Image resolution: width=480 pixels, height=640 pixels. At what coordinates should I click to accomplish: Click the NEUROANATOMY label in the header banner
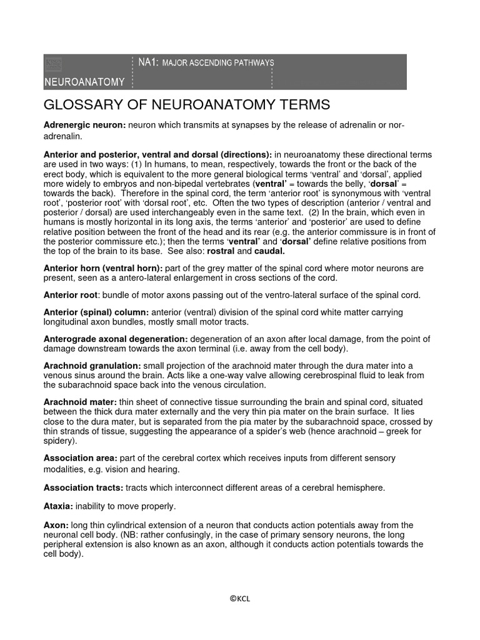pyautogui.click(x=84, y=82)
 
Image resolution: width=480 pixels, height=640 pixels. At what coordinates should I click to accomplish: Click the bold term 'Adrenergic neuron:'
pyautogui.click(x=85, y=126)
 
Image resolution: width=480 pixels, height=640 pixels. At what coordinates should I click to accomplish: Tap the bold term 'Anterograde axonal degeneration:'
pyautogui.click(x=116, y=339)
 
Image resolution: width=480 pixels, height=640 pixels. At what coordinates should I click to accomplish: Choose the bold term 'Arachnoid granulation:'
pyautogui.click(x=92, y=365)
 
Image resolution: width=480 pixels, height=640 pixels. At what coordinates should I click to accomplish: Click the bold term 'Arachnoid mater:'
pyautogui.click(x=79, y=402)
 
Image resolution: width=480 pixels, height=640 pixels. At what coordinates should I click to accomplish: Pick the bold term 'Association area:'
pyautogui.click(x=80, y=458)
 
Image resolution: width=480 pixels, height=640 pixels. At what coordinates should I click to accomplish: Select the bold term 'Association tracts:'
pyautogui.click(x=83, y=487)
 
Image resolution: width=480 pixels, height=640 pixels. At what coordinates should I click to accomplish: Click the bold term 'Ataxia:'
pyautogui.click(x=58, y=506)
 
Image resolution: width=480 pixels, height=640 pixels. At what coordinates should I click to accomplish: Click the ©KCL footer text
pyautogui.click(x=240, y=599)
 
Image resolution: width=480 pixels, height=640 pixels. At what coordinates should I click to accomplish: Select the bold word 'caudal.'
pyautogui.click(x=269, y=251)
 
